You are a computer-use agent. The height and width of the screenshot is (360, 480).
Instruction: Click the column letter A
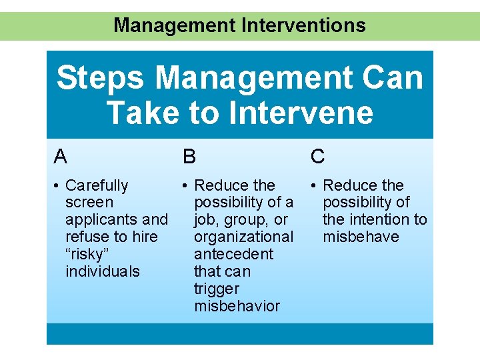point(61,157)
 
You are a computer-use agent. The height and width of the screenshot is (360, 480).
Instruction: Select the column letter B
point(189,157)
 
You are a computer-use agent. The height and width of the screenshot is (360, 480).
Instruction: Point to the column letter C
point(318,157)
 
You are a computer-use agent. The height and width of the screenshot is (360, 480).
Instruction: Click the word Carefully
point(97,185)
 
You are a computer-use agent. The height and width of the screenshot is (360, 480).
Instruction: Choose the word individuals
point(103,271)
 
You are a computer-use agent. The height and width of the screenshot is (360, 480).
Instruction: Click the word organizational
point(243,237)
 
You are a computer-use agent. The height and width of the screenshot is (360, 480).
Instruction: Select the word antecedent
point(233,254)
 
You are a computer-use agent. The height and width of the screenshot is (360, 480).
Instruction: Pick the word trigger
point(216,289)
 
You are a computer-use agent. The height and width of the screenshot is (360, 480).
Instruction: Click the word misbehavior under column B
point(237,306)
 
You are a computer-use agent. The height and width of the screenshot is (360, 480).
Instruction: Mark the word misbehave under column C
point(361,237)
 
